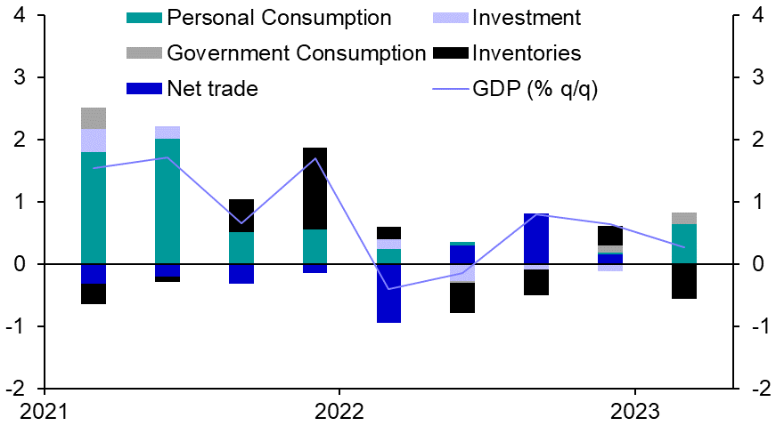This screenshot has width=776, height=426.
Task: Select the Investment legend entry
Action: click(x=527, y=18)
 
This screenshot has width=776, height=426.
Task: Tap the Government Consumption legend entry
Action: click(x=297, y=53)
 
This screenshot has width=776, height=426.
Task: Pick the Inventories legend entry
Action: click(x=527, y=53)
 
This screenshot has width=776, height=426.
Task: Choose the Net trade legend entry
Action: click(x=212, y=88)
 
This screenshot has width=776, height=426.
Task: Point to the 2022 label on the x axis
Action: click(x=339, y=412)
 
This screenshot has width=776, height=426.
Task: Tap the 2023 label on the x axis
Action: click(x=634, y=412)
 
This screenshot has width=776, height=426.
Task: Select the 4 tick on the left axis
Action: click(x=19, y=16)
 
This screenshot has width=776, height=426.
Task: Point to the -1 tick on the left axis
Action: click(x=16, y=326)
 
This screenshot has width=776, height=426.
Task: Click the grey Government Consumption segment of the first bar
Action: click(x=94, y=118)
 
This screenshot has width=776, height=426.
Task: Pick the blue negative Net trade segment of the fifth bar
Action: click(x=388, y=293)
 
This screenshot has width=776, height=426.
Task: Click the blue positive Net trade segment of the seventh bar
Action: click(x=536, y=238)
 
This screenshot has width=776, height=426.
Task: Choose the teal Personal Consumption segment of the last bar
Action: click(x=684, y=244)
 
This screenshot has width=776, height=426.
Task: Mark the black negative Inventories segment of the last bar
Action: click(x=684, y=281)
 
